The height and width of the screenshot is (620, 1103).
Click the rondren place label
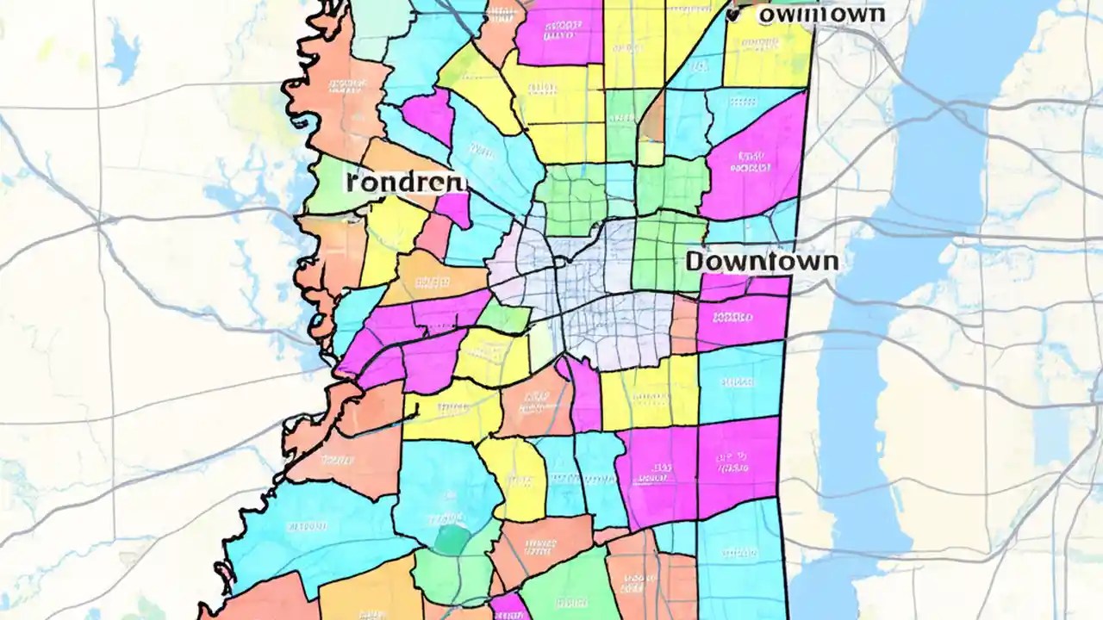click(405, 182)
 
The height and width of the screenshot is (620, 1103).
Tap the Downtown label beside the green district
click(762, 261)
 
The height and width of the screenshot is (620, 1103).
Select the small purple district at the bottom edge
click(509, 606)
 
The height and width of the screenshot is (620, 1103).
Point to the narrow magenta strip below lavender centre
click(584, 396)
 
